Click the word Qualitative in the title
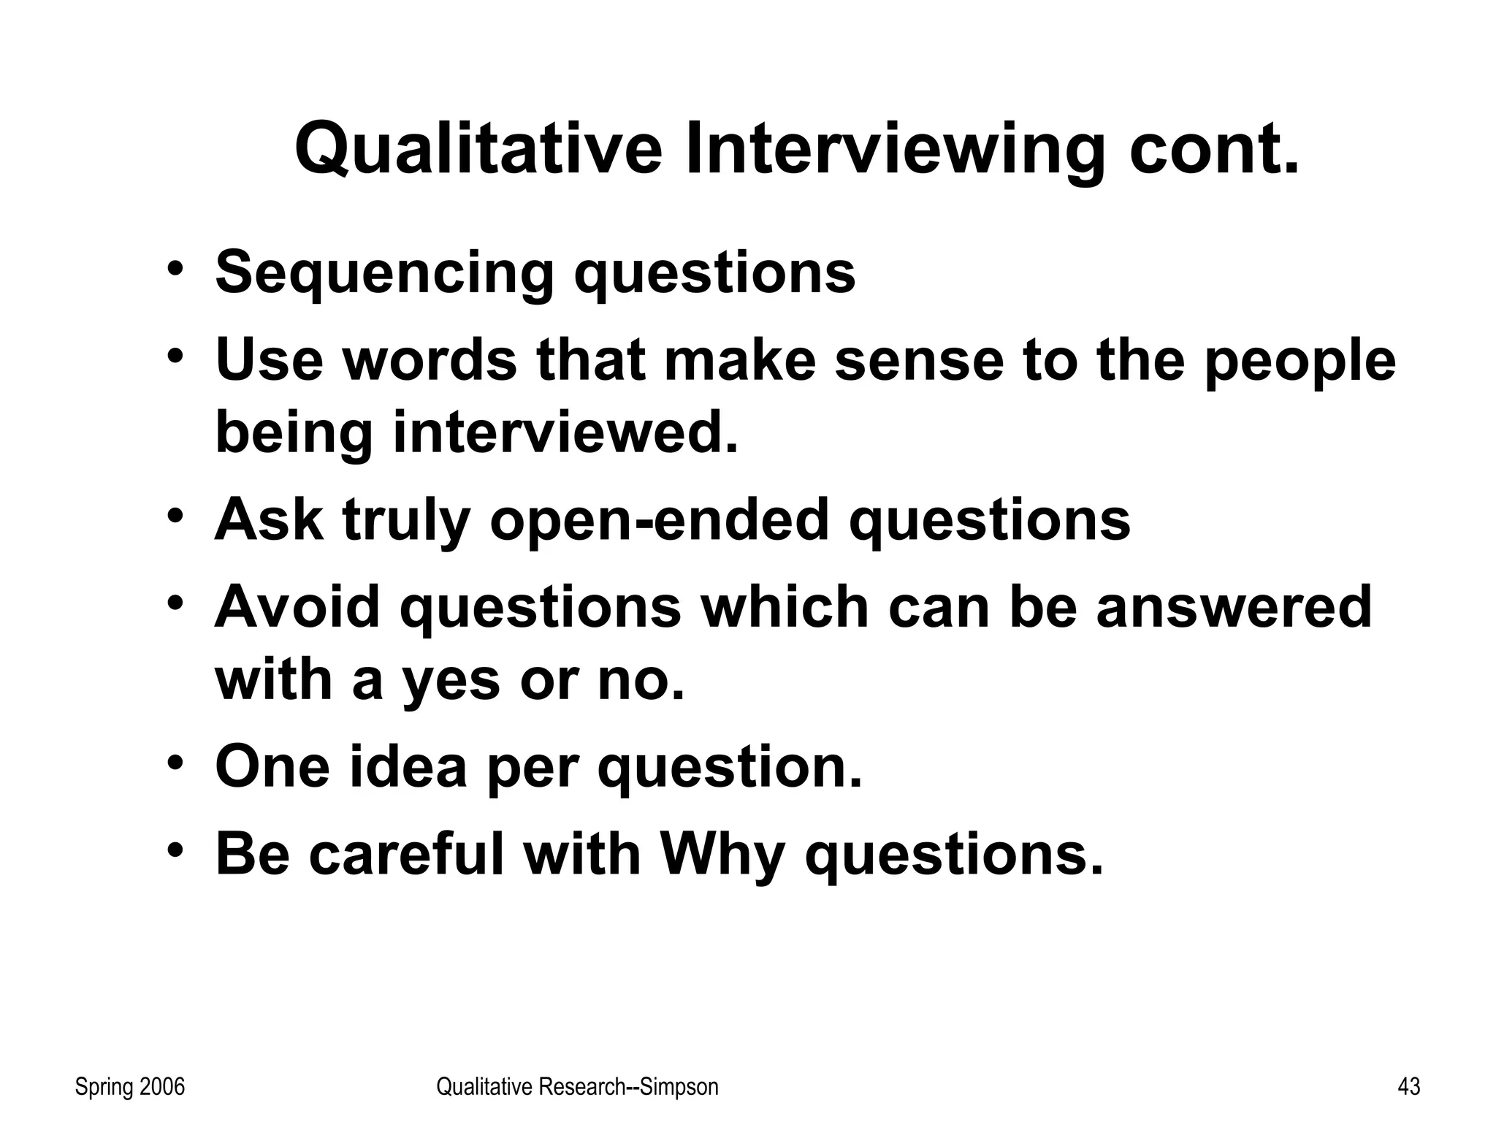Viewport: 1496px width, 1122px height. pyautogui.click(x=478, y=150)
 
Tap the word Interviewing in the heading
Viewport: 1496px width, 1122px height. pyautogui.click(x=895, y=150)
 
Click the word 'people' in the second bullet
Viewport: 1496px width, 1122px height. pyautogui.click(x=1300, y=361)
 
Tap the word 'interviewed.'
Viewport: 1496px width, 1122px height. pyautogui.click(x=565, y=432)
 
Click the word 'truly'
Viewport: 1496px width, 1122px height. pyautogui.click(x=406, y=520)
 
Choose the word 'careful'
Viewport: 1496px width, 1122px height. pyautogui.click(x=406, y=854)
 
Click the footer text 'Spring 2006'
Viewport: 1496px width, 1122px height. pyautogui.click(x=130, y=1087)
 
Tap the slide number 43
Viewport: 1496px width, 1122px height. pyautogui.click(x=1408, y=1087)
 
